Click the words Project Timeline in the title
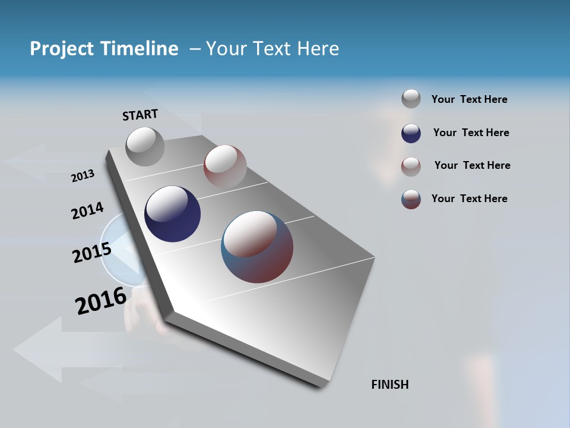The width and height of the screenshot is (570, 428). click(x=104, y=49)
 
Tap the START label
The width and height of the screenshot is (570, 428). click(x=140, y=115)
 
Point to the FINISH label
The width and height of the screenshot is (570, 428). click(x=390, y=385)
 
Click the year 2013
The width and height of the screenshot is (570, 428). click(x=83, y=176)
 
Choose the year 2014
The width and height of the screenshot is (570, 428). click(x=87, y=211)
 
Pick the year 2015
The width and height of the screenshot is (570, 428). click(x=92, y=252)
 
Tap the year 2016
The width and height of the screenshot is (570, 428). click(x=101, y=301)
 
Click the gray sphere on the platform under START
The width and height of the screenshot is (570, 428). click(x=145, y=146)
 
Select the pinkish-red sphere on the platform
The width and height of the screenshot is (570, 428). click(x=225, y=166)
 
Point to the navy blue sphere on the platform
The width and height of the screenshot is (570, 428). click(x=173, y=214)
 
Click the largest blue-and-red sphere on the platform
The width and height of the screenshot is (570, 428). click(x=257, y=247)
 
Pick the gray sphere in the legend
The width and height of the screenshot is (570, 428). click(x=411, y=99)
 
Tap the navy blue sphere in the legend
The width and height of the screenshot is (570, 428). click(x=411, y=133)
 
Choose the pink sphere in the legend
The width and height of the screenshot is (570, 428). click(x=411, y=166)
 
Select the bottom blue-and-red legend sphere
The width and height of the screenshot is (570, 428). click(x=411, y=199)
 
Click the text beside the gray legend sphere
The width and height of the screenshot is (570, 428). click(x=469, y=99)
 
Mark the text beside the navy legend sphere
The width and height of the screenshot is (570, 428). click(x=471, y=133)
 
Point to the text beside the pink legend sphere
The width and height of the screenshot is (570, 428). click(x=472, y=165)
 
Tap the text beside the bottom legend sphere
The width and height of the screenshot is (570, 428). click(x=469, y=199)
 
